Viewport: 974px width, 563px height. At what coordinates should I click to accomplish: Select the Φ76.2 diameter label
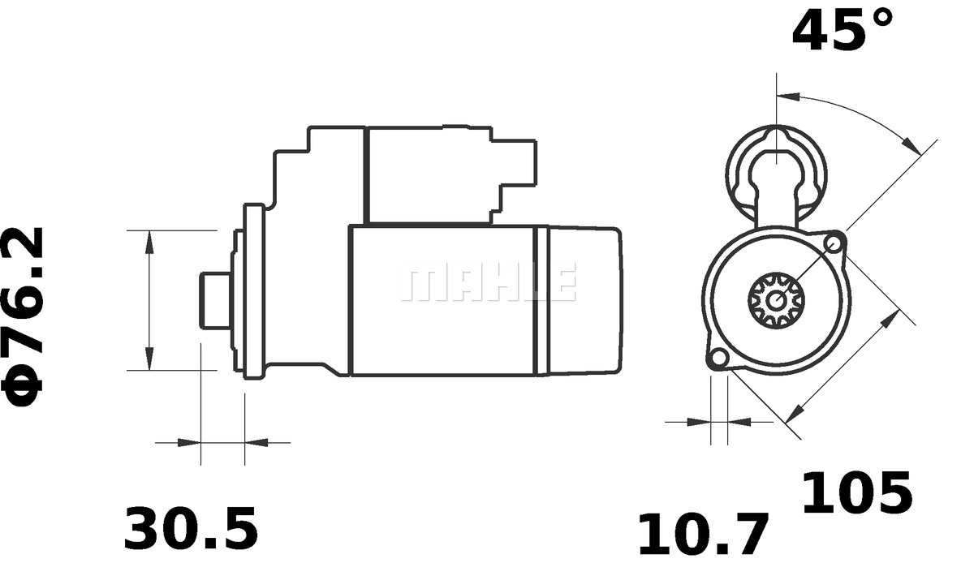click(22, 317)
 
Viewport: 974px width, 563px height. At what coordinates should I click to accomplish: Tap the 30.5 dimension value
click(191, 528)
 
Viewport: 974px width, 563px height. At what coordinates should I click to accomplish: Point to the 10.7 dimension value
click(703, 535)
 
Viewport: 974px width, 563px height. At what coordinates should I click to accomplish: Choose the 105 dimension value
click(856, 493)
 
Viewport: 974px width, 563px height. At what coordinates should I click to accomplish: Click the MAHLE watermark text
click(488, 281)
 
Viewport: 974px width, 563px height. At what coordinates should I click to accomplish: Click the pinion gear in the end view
click(776, 300)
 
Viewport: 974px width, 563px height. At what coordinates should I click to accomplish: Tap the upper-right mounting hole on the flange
click(834, 242)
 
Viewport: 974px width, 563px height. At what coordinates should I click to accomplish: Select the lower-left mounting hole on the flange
click(718, 358)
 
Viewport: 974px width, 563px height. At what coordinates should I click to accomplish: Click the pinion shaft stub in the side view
click(215, 301)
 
